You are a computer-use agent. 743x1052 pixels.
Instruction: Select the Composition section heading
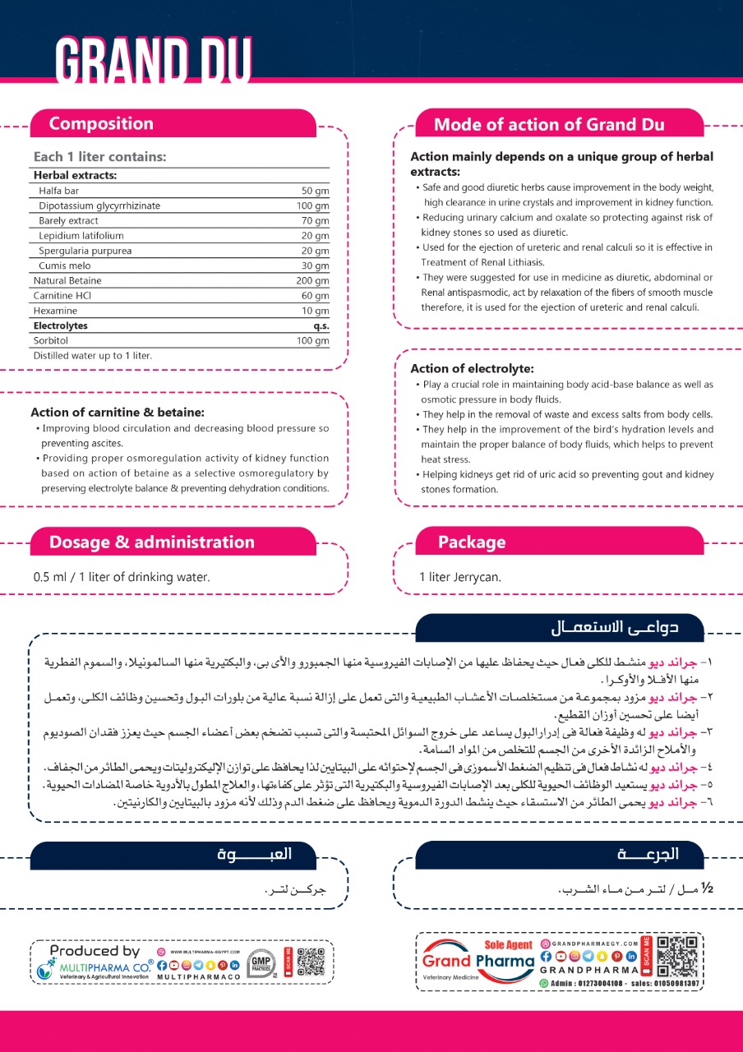click(101, 123)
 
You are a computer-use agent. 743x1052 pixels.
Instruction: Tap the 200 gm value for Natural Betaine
click(312, 281)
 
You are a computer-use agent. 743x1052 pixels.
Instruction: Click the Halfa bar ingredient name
click(58, 191)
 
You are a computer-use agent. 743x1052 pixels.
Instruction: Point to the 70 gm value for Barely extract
click(315, 221)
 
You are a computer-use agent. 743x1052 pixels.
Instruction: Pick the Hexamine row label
click(55, 311)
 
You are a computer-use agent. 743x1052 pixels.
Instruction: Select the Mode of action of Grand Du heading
click(549, 125)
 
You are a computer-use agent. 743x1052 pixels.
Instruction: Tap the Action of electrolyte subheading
click(472, 368)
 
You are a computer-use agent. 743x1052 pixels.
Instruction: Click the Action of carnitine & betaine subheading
click(118, 412)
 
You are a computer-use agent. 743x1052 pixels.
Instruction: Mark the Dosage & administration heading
click(152, 542)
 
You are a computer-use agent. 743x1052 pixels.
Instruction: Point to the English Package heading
click(472, 542)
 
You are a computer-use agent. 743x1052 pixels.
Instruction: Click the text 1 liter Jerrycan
click(460, 577)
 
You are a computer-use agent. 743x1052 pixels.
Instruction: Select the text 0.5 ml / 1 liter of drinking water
click(122, 577)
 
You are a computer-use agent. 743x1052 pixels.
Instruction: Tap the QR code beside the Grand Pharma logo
click(679, 956)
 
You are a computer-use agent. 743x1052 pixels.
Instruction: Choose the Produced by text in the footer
click(95, 951)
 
